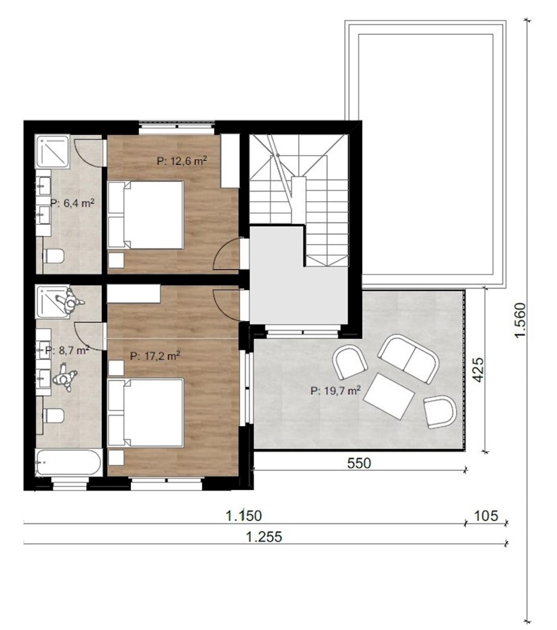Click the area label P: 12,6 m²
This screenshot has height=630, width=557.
pos(182,161)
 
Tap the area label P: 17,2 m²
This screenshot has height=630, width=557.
pos(155,355)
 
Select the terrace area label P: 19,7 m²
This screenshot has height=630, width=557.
pos(335,390)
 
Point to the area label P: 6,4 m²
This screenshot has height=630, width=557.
pos(72,203)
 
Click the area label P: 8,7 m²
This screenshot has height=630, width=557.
pos(67,350)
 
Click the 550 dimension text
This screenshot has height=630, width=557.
pos(359,464)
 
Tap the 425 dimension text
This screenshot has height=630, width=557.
pos(478,370)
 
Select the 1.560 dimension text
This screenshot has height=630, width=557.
pos(520,320)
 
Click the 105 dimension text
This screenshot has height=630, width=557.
pos(486,516)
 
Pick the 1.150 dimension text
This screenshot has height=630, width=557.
pos(244,516)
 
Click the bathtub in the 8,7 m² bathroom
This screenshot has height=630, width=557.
pos(68,463)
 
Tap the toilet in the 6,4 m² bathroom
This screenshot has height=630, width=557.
pos(53,256)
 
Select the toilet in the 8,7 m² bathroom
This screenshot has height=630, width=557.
pos(53,415)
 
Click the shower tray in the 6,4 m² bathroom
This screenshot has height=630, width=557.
pos(53,151)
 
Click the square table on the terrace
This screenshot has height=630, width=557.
pos(390,396)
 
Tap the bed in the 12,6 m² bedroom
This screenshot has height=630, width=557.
pos(145,215)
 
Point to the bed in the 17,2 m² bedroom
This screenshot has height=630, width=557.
pos(145,413)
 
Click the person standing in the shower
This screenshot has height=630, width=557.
pos(70,301)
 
